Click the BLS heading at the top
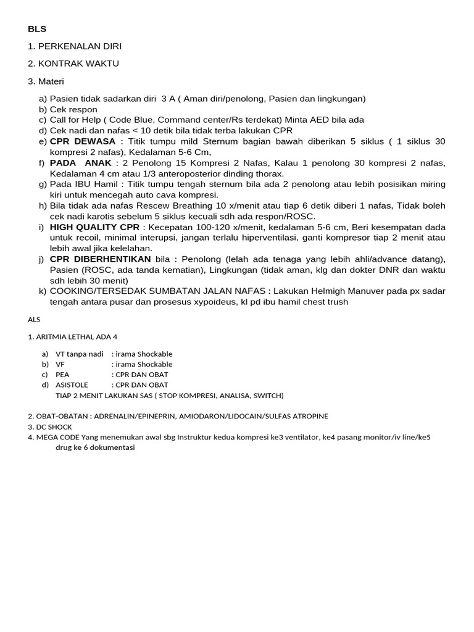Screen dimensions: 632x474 (x=37, y=29)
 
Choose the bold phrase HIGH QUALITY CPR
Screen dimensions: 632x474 (x=94, y=227)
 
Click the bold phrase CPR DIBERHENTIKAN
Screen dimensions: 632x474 (x=101, y=259)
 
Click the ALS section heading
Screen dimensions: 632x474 (x=33, y=320)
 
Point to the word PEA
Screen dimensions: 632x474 (x=62, y=375)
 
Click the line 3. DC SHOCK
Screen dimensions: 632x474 (x=50, y=426)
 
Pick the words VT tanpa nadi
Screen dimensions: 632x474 (x=80, y=354)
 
